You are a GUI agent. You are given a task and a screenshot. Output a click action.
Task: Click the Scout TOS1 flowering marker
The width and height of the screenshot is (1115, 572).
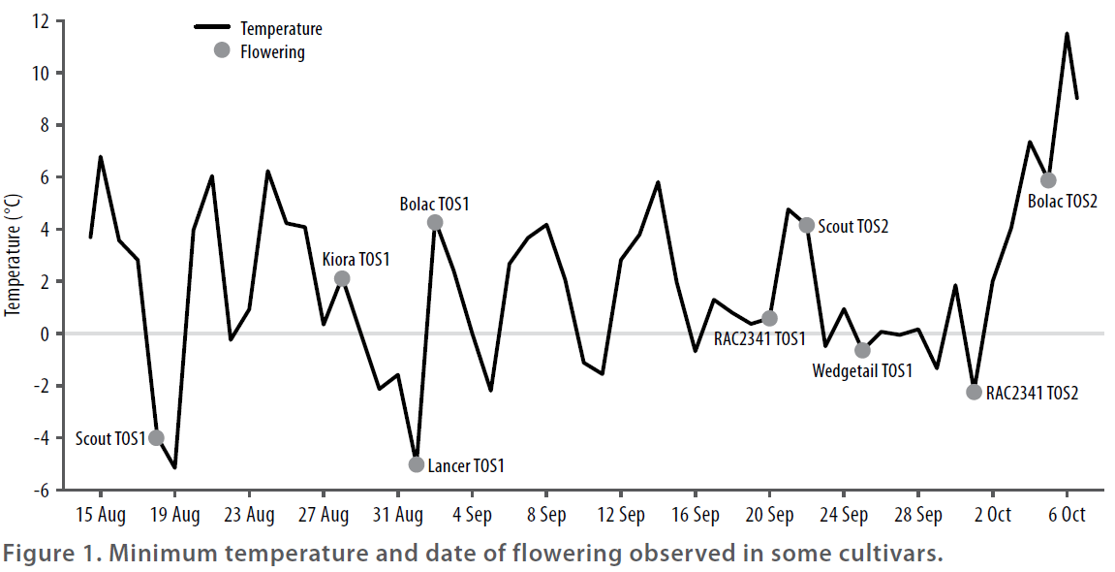[156, 438]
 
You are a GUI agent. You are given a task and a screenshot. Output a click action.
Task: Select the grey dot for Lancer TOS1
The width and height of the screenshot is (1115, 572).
[417, 464]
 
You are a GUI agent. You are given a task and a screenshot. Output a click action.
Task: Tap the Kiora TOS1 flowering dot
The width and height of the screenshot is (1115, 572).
[342, 278]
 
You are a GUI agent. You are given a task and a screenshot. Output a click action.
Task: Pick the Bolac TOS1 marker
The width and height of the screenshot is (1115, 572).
[435, 222]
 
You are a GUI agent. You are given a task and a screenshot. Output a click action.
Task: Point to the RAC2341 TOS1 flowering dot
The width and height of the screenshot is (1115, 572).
[770, 318]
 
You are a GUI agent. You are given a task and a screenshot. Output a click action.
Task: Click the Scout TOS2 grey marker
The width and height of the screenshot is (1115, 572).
[807, 225]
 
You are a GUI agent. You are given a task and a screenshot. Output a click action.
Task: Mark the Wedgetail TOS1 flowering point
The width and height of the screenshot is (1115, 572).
[862, 350]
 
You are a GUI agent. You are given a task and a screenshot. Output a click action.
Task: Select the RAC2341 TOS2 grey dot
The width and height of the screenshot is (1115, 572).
[975, 392]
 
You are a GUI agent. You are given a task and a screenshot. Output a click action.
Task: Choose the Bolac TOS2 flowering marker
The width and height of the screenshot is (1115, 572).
[1048, 180]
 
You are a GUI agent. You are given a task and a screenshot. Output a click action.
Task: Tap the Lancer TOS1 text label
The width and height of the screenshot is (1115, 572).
[466, 465]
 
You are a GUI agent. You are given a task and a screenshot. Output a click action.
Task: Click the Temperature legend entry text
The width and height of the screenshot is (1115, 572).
[281, 29]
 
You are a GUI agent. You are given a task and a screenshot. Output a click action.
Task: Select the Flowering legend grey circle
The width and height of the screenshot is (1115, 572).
[222, 50]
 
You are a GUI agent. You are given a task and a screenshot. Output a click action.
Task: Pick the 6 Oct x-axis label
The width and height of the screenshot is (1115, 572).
[1067, 514]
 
